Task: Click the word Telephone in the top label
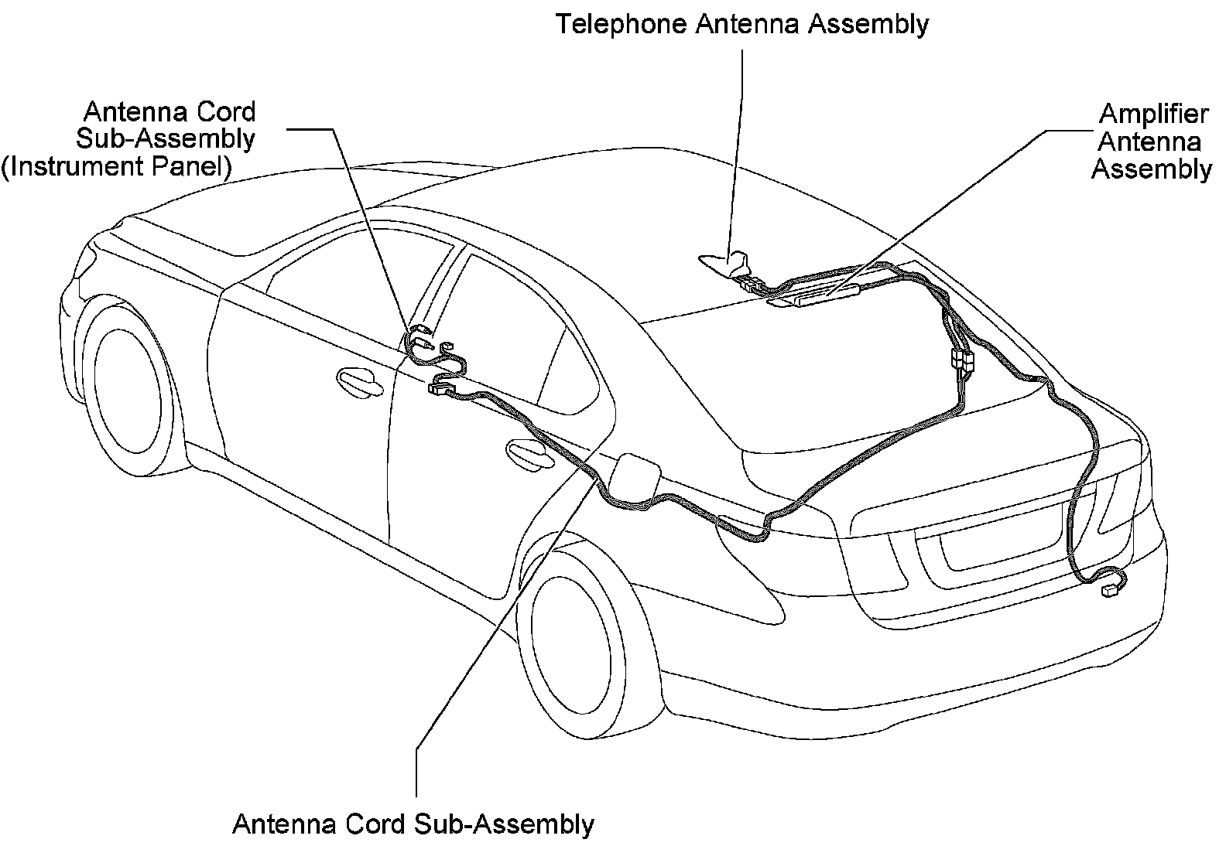click(x=621, y=24)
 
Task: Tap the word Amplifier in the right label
click(x=1153, y=114)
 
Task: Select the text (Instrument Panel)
click(x=116, y=166)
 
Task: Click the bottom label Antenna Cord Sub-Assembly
click(x=413, y=824)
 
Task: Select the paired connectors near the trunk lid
click(x=960, y=360)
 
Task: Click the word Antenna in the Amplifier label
click(x=1149, y=142)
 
